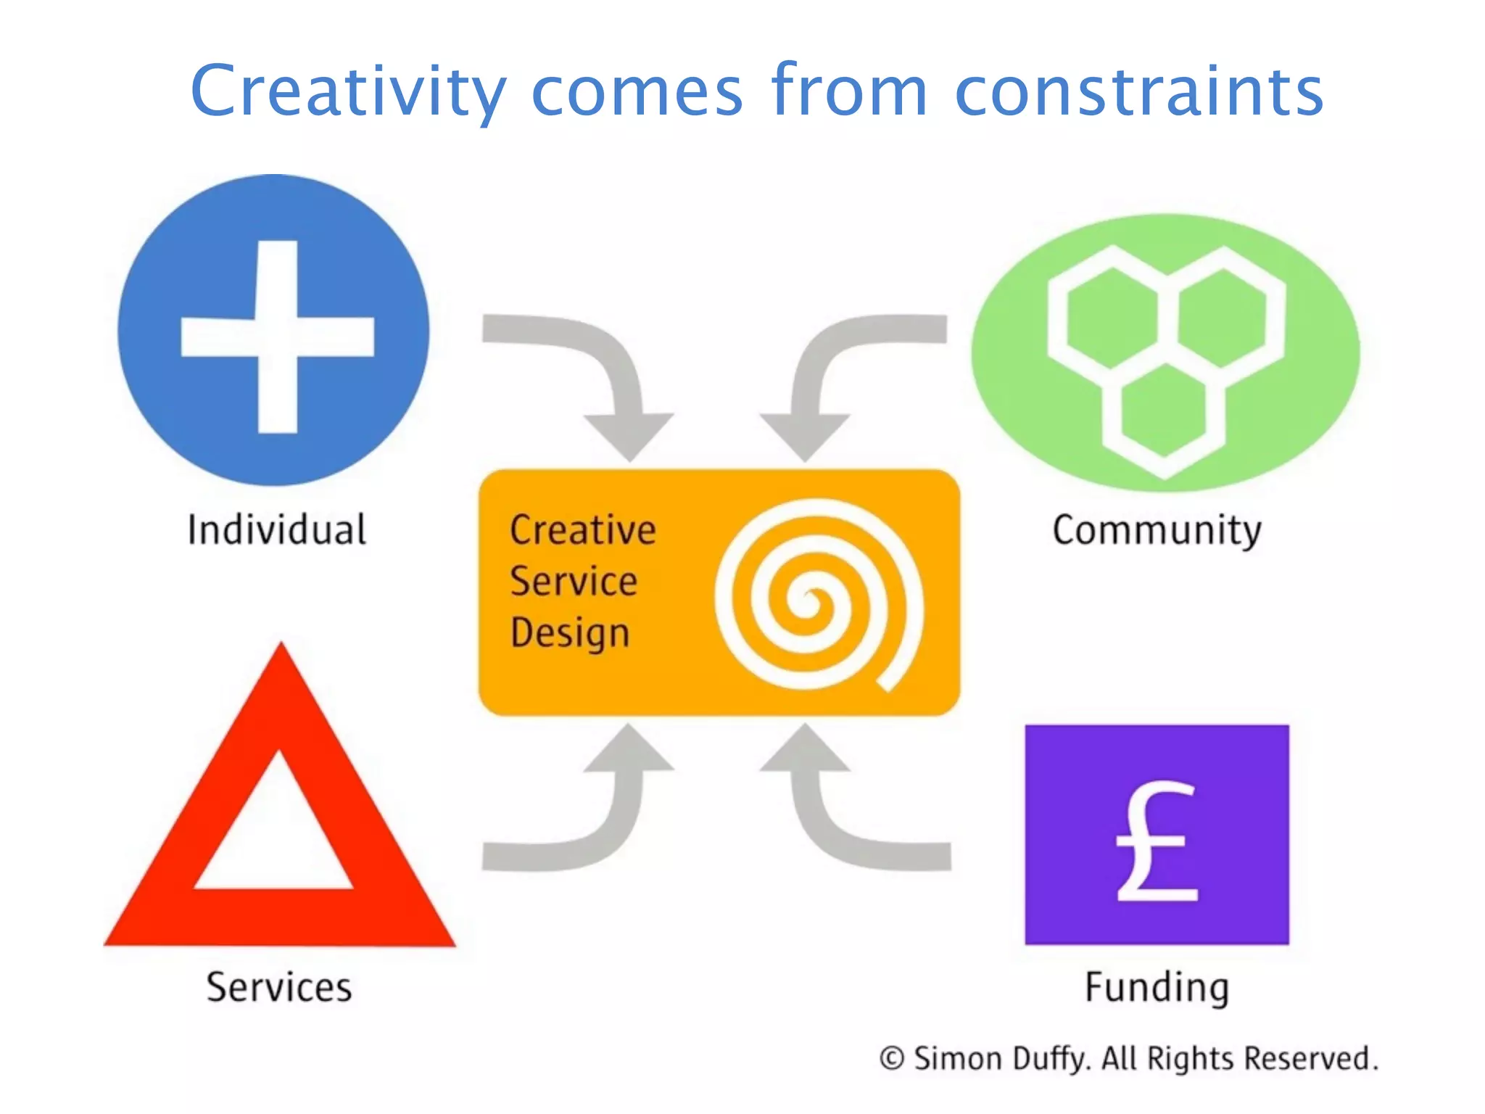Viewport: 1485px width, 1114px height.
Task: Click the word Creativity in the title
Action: click(x=348, y=91)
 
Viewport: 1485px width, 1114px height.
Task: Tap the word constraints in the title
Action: click(x=1139, y=91)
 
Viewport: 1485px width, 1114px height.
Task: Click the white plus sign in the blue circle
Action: click(x=277, y=337)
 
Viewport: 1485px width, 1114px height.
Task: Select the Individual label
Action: click(x=277, y=529)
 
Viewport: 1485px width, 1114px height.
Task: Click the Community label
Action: click(x=1157, y=531)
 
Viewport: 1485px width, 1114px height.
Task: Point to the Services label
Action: click(x=279, y=987)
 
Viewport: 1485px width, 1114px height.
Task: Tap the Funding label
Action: click(x=1157, y=988)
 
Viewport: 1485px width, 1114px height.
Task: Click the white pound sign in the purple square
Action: click(x=1155, y=841)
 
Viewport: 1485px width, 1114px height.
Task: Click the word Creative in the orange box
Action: click(x=583, y=529)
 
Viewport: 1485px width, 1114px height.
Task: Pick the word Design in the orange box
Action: click(x=570, y=633)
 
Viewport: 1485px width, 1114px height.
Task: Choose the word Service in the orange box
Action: click(x=574, y=581)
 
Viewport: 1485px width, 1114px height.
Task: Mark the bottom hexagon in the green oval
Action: click(x=1164, y=410)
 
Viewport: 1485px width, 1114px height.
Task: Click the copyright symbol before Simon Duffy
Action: click(x=891, y=1058)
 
